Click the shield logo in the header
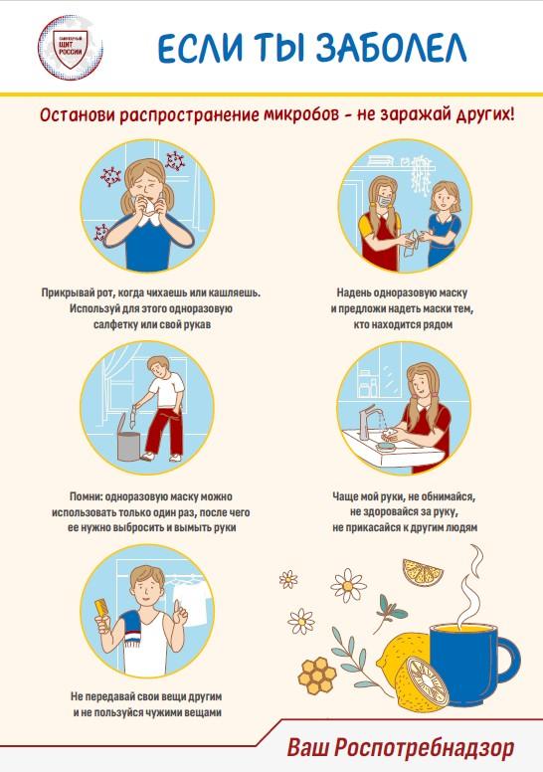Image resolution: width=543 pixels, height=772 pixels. pos(70,48)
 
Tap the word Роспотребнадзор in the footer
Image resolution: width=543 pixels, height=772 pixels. pos(424,747)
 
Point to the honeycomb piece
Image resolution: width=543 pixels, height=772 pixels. pos(318,675)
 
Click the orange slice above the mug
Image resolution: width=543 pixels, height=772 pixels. pos(423,571)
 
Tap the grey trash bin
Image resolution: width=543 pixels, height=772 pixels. pos(128,437)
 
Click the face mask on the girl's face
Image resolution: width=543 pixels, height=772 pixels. pos(384,202)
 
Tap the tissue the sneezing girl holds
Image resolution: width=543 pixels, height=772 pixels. pos(149,204)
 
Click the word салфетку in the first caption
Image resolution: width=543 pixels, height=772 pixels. pos(114,325)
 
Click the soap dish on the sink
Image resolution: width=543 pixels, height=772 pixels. pos(386,447)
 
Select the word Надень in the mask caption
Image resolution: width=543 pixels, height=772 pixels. pos(353,292)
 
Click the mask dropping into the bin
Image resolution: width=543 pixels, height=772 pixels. pos(134,414)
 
